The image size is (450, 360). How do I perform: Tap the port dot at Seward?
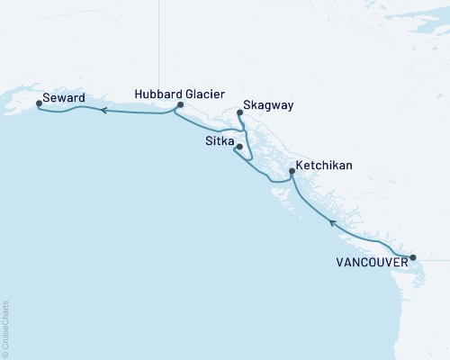click(39, 103)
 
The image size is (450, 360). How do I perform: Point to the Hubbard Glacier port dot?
click(180, 105)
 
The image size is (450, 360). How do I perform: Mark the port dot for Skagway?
click(239, 112)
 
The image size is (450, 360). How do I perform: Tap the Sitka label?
click(219, 144)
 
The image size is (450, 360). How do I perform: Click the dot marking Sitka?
click(238, 147)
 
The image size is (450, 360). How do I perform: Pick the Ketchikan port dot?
click(292, 171)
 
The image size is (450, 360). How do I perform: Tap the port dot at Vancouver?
click(413, 258)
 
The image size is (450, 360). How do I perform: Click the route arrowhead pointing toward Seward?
click(103, 111)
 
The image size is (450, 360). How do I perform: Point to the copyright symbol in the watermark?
click(5, 354)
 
